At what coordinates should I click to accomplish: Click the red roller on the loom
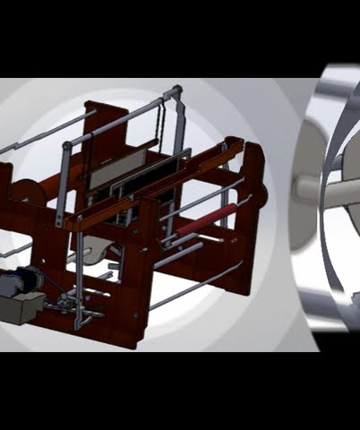coord(206,220)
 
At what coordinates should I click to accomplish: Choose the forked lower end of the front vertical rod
coord(80,314)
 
